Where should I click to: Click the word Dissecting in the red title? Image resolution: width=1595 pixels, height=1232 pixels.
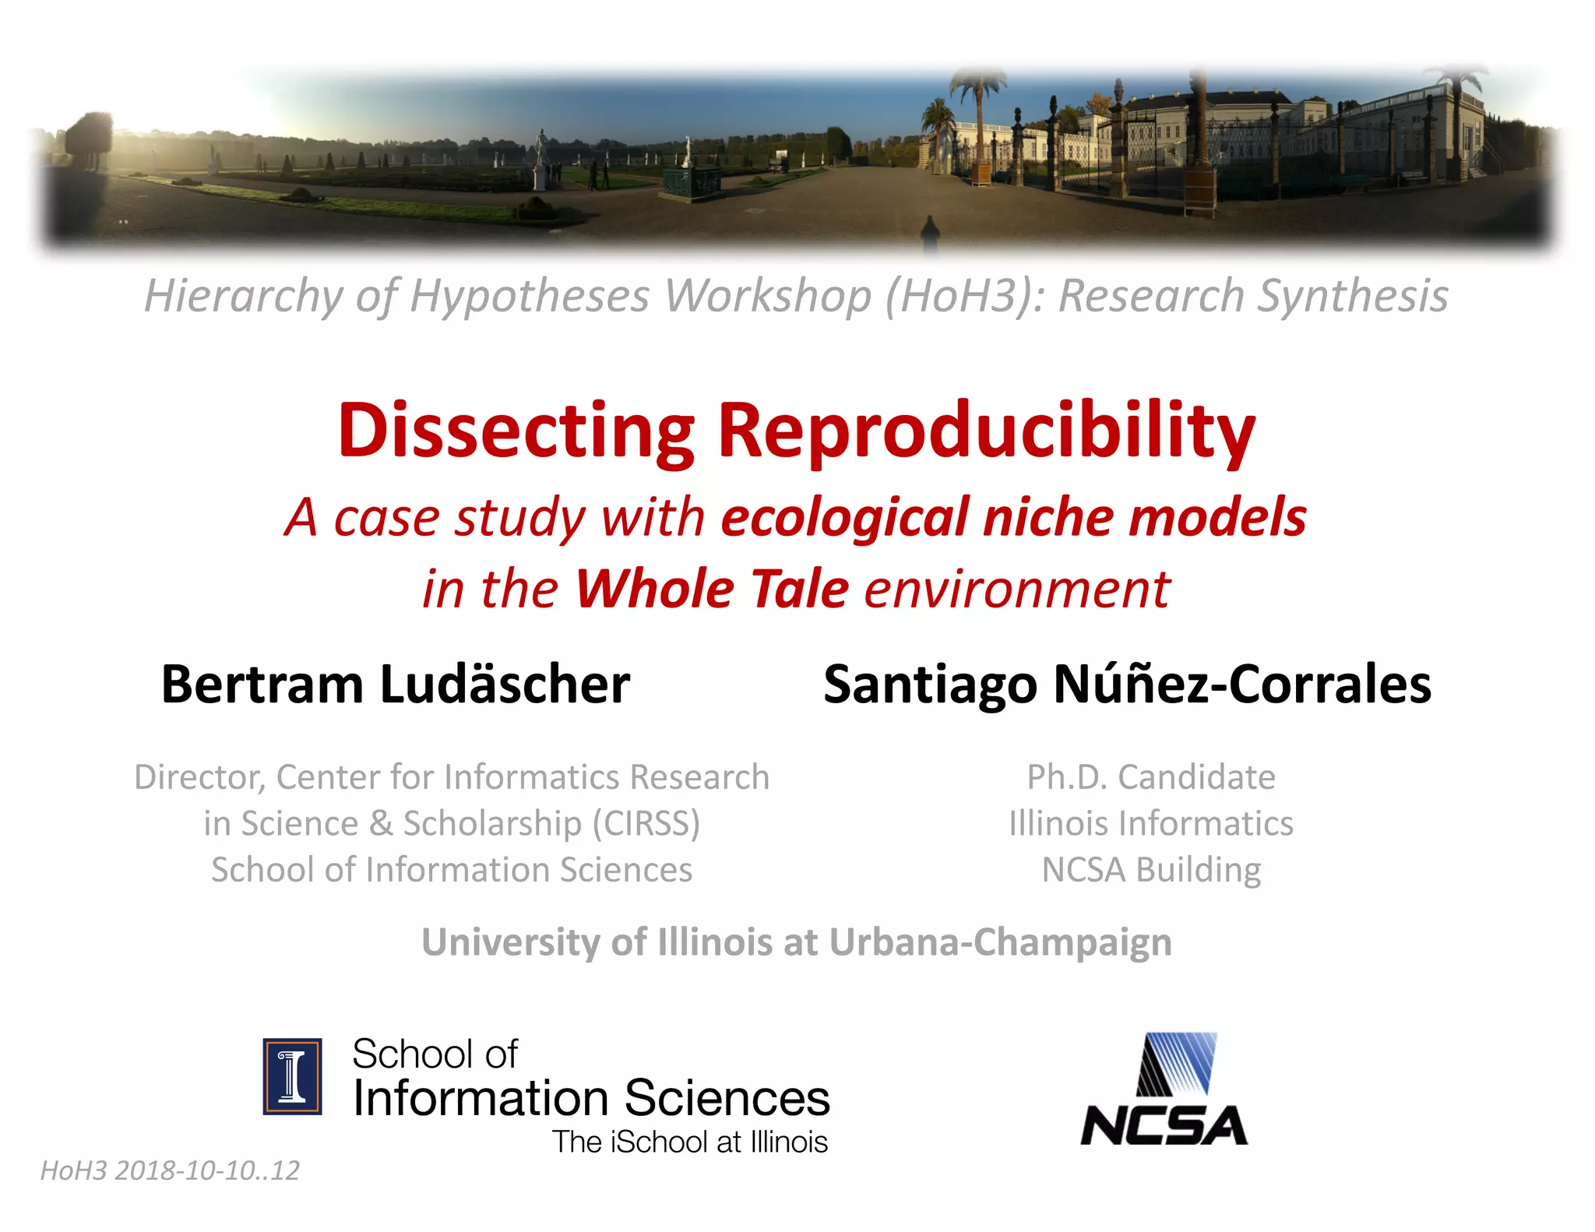515,431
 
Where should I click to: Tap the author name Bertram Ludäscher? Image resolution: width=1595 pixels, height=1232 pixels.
395,685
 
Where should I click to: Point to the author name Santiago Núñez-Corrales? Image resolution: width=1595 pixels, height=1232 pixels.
1127,685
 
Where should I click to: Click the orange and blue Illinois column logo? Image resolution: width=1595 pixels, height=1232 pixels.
292,1076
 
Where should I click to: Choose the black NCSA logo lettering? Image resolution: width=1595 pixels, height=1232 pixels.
1164,1126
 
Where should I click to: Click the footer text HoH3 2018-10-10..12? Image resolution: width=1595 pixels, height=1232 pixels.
170,1170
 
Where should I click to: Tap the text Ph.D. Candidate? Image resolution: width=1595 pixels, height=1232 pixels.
1151,777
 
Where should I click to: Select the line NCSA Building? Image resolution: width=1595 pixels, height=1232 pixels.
1151,870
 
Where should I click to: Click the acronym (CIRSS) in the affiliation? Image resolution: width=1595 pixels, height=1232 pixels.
646,824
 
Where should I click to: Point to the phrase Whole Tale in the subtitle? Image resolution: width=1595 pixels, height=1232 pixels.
711,589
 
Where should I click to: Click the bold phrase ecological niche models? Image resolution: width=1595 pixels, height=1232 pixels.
1013,518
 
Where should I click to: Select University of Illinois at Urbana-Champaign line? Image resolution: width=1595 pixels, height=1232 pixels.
797,942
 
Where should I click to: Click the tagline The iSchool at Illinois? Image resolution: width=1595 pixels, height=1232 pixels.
690,1142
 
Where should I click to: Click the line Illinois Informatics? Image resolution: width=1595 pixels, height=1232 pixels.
1151,824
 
